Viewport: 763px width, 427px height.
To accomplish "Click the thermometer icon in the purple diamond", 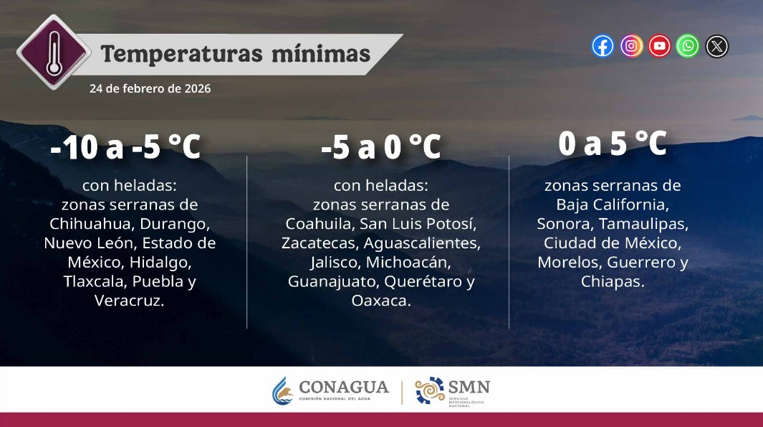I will [x=53, y=51].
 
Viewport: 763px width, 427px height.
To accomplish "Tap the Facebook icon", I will [x=603, y=46].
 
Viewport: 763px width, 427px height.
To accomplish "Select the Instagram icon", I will [x=631, y=46].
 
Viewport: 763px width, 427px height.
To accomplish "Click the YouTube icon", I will [x=659, y=46].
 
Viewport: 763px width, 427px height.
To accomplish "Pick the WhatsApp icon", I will [x=688, y=46].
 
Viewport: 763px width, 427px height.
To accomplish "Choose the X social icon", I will [x=716, y=46].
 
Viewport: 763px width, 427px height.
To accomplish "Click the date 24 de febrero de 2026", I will [x=150, y=89].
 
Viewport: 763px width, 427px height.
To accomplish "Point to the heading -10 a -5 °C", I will [x=125, y=149].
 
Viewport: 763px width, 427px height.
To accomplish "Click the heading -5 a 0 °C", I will [x=380, y=149].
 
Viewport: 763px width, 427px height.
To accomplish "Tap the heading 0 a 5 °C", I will [x=613, y=144].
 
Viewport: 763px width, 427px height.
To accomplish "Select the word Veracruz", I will [x=129, y=301].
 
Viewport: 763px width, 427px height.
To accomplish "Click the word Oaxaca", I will [x=380, y=301].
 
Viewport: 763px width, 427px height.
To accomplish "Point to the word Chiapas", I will [x=613, y=281].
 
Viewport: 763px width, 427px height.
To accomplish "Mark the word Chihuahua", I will [x=89, y=223].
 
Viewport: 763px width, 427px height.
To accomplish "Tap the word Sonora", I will [x=565, y=223].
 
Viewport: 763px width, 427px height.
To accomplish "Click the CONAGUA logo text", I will [x=344, y=388].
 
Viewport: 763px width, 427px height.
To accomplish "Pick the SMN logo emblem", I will [x=430, y=391].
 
